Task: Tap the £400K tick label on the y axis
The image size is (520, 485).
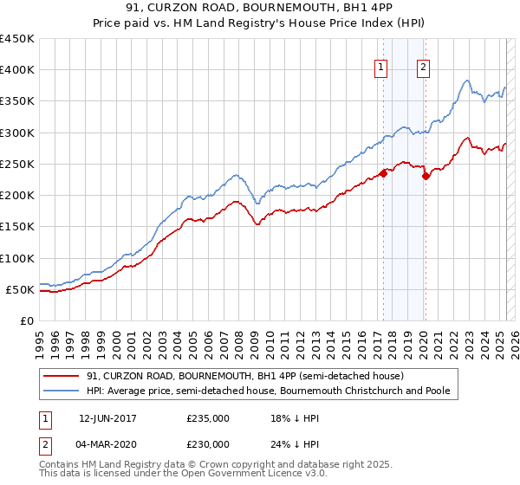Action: coord(17,70)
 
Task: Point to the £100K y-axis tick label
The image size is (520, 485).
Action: coord(17,258)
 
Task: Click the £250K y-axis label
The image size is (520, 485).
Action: coord(17,164)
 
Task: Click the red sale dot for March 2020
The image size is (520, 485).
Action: coord(426,176)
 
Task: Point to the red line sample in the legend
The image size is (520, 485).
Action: coord(62,376)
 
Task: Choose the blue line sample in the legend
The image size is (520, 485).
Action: coord(62,391)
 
